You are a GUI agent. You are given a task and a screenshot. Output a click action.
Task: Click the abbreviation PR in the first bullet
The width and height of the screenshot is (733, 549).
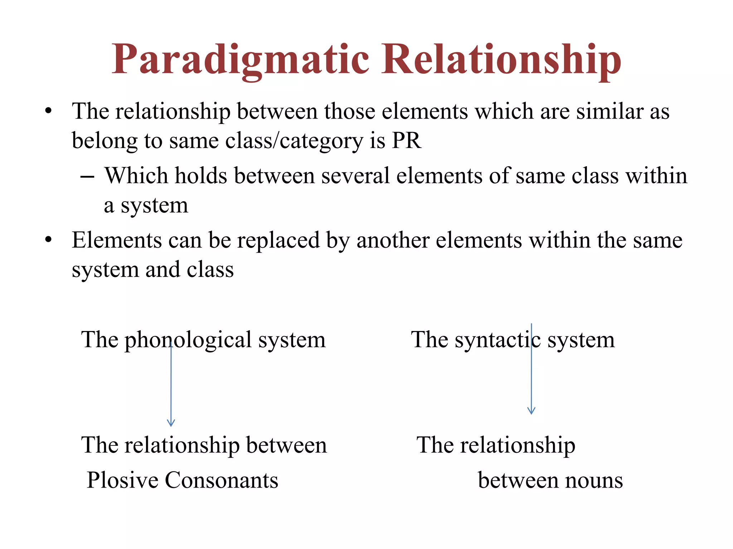(407, 140)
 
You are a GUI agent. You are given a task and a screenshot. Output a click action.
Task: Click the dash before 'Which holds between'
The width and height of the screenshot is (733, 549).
(87, 177)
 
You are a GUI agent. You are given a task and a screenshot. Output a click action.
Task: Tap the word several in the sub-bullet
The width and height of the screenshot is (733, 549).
(355, 176)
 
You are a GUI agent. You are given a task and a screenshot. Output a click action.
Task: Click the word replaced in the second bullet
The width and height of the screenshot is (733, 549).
(278, 240)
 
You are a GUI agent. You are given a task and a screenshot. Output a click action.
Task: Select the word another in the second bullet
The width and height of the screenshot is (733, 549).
(393, 240)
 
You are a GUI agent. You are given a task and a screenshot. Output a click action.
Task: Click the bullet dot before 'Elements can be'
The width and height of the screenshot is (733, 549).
(49, 239)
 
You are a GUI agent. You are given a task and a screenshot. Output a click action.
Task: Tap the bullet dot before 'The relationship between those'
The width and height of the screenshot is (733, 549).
(49, 110)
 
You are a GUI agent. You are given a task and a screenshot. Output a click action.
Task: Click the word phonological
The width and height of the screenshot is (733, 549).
(188, 340)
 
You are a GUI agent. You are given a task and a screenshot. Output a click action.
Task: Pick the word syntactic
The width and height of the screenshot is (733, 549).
(497, 340)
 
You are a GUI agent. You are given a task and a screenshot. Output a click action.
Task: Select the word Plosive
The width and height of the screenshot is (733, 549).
(122, 480)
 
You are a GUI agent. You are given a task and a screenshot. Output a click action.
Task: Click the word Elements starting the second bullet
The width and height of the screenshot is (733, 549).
(117, 240)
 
